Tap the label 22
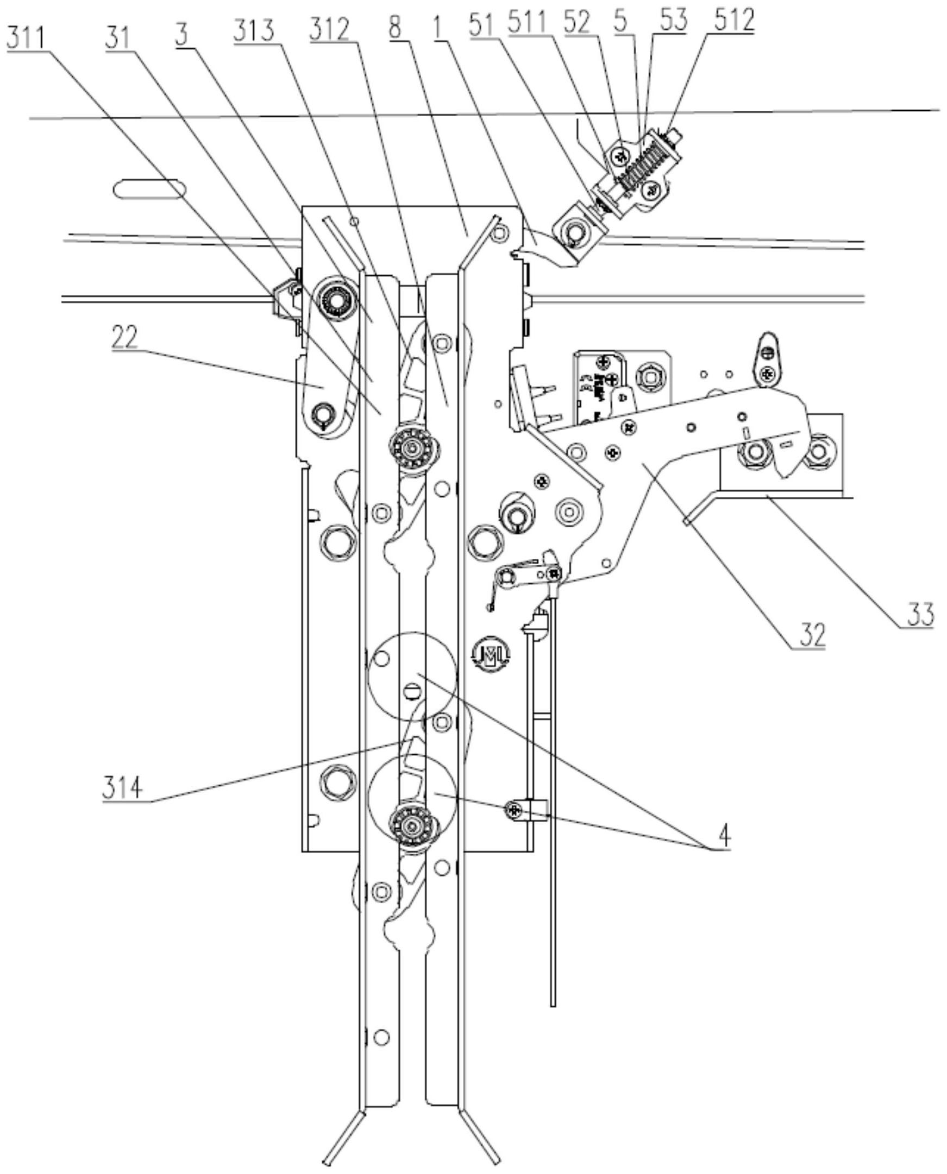(124, 338)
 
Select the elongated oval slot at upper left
(149, 190)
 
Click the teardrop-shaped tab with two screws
(768, 357)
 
